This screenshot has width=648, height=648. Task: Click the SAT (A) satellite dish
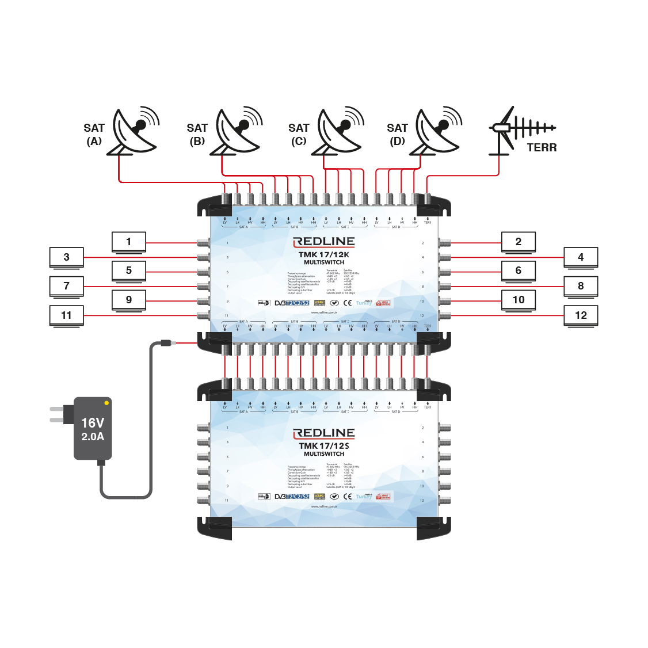point(134,131)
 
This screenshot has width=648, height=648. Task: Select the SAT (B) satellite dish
point(237,131)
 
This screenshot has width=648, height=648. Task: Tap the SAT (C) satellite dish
point(339,131)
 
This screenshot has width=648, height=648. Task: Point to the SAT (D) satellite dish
point(437,131)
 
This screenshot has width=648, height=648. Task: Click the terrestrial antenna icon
point(520,129)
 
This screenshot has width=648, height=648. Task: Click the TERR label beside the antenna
point(542,148)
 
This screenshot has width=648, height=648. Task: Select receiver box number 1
point(129,242)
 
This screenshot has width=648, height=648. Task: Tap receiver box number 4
point(581,257)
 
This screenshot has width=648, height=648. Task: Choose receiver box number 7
point(67,286)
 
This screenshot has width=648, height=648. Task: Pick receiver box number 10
point(519,300)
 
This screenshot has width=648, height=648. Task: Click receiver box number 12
point(581,315)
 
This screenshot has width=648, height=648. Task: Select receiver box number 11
point(67,315)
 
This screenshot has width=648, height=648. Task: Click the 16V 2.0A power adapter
point(93,429)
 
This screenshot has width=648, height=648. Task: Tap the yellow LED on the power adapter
point(106,403)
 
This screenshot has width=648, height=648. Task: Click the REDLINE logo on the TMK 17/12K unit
point(324,242)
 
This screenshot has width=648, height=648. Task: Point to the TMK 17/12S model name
point(324,446)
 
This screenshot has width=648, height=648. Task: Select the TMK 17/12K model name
point(324,255)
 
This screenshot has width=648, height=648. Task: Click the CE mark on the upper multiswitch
point(348,303)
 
